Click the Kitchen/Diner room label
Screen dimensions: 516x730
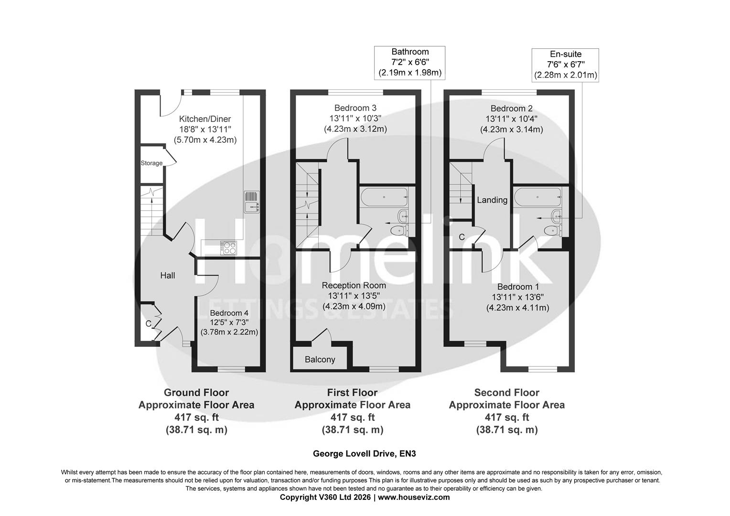tap(205, 119)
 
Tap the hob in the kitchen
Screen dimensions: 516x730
tap(228, 247)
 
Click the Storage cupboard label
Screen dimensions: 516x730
tap(151, 163)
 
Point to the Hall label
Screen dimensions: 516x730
tap(167, 276)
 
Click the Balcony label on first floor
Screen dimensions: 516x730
tap(320, 360)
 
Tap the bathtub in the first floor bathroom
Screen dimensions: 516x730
tap(383, 196)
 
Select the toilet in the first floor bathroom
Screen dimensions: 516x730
tap(398, 231)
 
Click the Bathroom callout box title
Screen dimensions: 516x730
tap(410, 52)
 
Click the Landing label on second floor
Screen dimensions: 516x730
tap(492, 200)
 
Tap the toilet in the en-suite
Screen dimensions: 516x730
tap(552, 231)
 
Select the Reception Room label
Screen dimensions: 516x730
tap(354, 285)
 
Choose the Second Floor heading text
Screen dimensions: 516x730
tap(506, 393)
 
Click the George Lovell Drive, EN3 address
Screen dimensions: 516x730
tap(361, 453)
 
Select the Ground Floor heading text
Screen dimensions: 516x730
tap(196, 393)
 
